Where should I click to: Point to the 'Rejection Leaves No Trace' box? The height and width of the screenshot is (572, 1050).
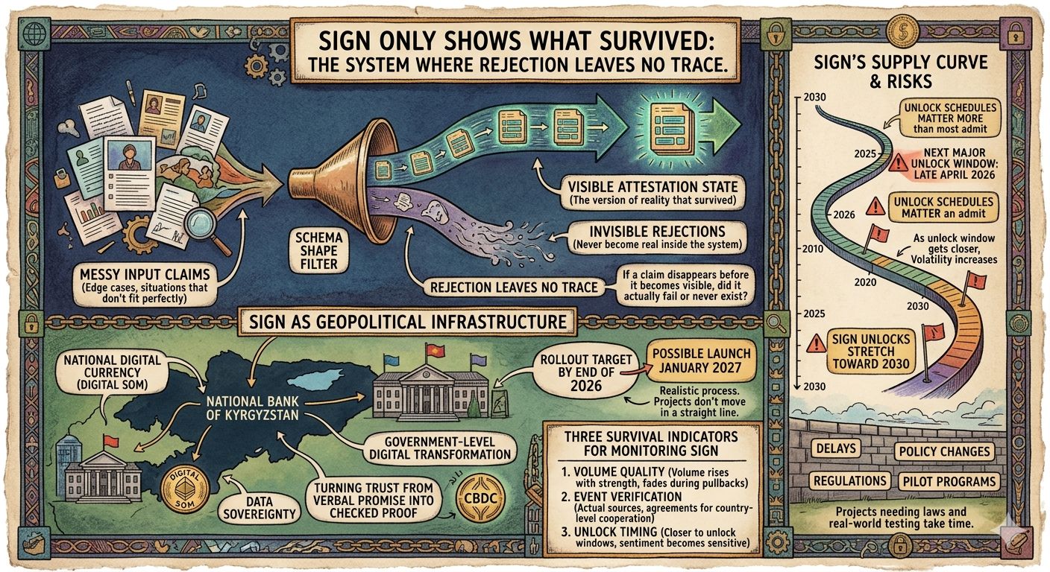coord(513,286)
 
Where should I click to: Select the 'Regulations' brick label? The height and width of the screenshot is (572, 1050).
coord(849,480)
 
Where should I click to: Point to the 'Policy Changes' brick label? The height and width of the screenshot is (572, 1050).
coord(945,451)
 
